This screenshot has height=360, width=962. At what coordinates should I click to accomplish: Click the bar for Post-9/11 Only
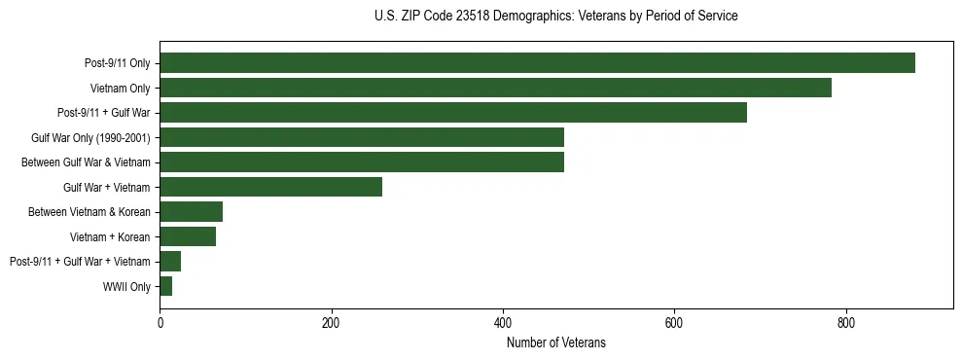537,63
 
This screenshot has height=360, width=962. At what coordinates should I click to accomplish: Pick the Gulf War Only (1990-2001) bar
362,137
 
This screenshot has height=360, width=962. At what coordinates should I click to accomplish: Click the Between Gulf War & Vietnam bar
362,162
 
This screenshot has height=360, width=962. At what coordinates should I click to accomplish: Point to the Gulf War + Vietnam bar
270,187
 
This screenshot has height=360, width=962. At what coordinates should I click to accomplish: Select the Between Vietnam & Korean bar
191,212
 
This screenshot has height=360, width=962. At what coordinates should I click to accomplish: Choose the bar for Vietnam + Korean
188,236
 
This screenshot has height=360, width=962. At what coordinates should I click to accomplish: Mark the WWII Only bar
166,286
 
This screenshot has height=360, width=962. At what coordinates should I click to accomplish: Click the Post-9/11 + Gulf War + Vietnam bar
170,262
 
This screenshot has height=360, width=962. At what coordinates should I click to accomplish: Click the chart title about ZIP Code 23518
555,17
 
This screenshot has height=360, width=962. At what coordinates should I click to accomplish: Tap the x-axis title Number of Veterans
555,342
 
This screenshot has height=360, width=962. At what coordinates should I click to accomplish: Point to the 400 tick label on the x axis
503,323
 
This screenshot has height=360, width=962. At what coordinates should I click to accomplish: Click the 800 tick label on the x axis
846,323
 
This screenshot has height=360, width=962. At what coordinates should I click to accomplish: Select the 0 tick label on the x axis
160,323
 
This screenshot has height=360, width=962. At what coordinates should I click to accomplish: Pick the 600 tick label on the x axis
674,323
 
